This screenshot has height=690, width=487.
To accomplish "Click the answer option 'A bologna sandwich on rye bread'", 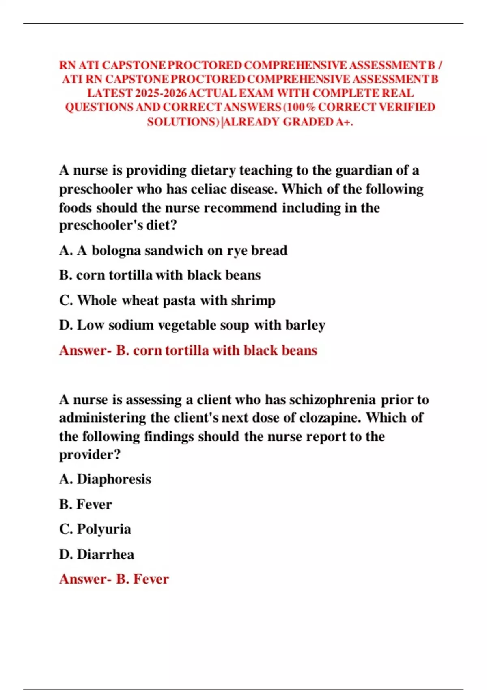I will (173, 250).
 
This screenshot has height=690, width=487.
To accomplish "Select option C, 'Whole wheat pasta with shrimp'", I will (167, 300).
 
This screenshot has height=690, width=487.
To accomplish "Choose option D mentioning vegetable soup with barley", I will (192, 325).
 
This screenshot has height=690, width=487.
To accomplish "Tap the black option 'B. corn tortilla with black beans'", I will (160, 275).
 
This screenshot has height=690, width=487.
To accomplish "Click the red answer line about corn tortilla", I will (188, 350).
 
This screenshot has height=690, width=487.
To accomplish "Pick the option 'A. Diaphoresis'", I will (105, 479).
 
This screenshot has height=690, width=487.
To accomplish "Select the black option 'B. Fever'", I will (86, 504).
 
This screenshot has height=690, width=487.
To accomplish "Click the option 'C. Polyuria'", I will (95, 529).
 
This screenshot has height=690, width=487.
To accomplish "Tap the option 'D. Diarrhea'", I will (97, 554).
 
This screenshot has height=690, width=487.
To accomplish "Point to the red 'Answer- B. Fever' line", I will (114, 579).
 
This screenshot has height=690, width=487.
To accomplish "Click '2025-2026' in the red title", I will (161, 93).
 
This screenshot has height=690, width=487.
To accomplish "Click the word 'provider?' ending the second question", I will (90, 455).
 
